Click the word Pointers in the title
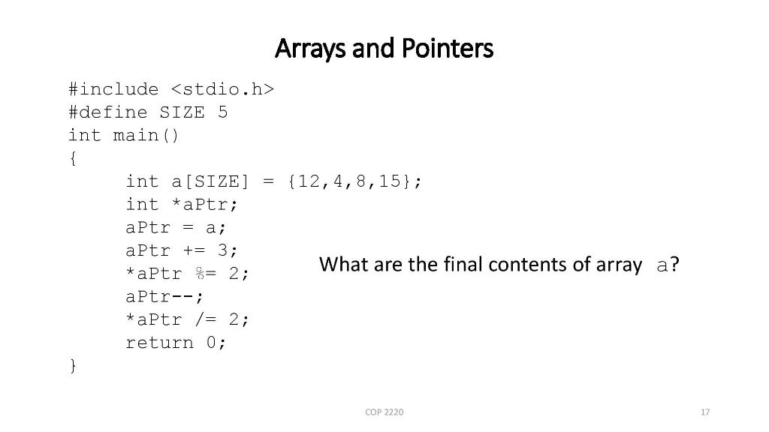[447, 49]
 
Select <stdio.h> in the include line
[222, 90]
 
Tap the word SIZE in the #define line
[182, 113]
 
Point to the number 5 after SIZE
[222, 113]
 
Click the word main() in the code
[146, 136]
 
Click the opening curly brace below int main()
[72, 159]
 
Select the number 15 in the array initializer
[389, 181]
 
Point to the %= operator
[204, 274]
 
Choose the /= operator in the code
[204, 319]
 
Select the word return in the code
[158, 343]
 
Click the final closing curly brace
[72, 366]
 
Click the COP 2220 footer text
[384, 412]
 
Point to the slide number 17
[704, 412]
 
